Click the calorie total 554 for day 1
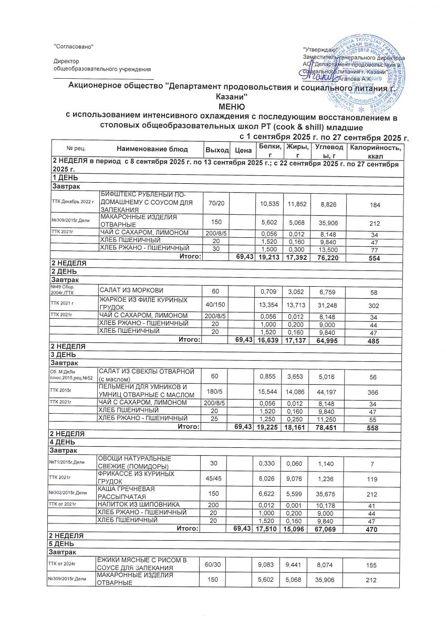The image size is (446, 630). (374, 257)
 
